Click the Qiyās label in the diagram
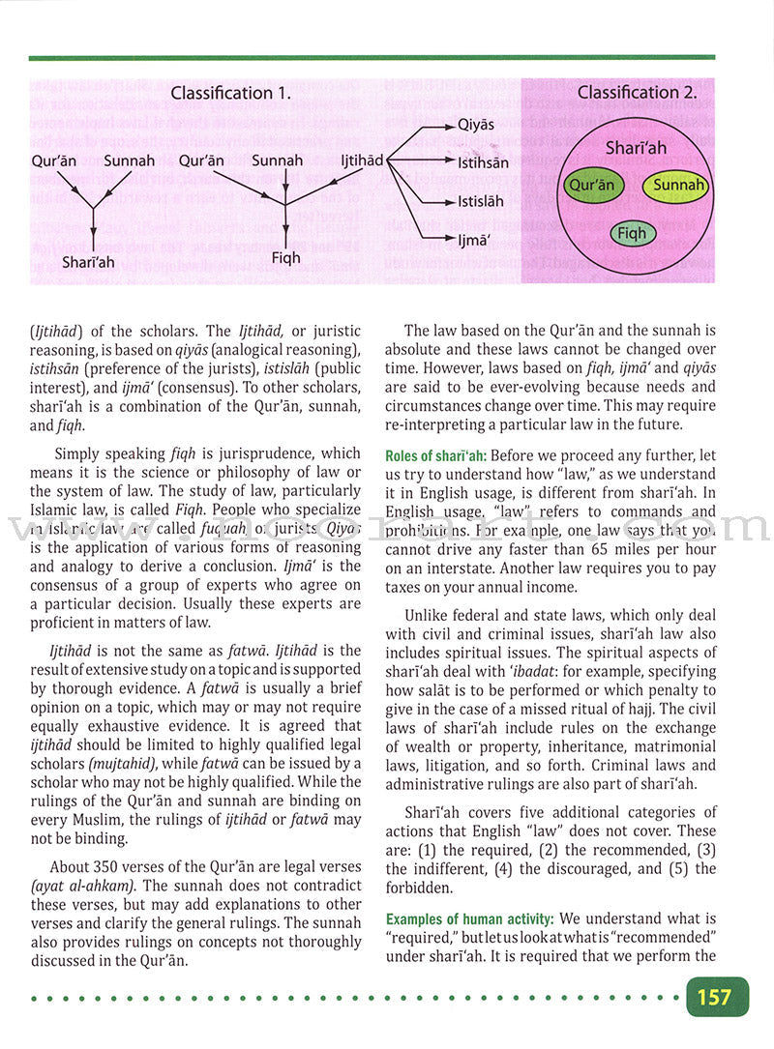point(475,126)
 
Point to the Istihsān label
point(483,163)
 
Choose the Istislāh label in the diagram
point(481,203)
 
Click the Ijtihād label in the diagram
point(362,160)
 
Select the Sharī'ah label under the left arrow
point(88,262)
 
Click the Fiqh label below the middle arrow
point(285,258)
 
